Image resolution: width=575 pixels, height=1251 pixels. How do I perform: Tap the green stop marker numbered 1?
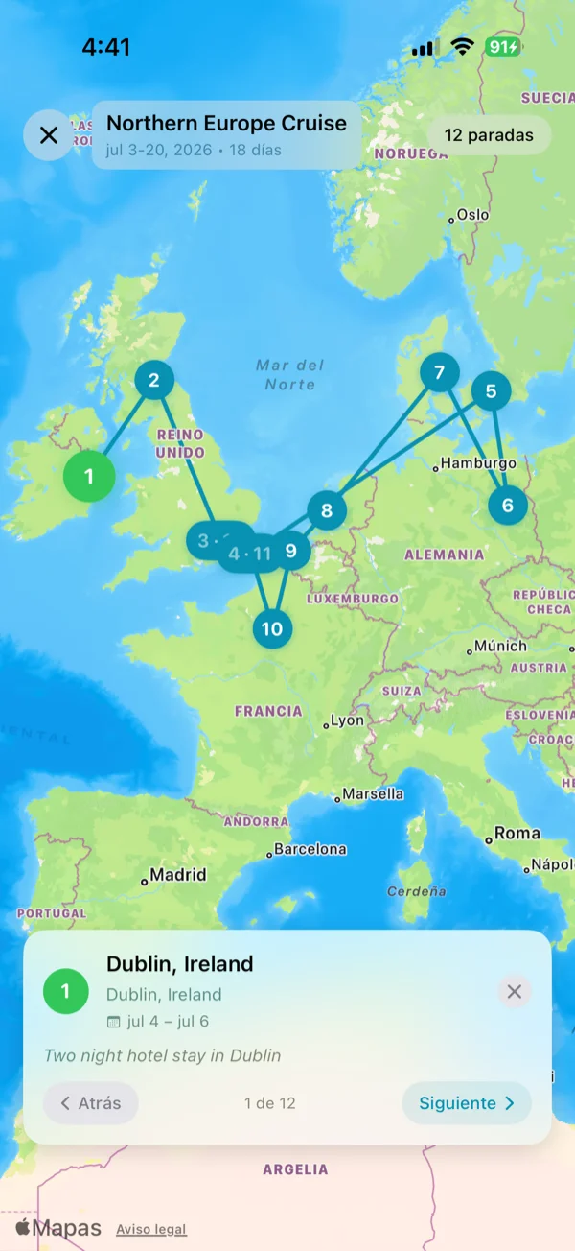point(89,476)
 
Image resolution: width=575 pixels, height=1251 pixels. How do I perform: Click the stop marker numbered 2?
point(153,380)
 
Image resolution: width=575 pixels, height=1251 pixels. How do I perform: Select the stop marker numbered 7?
point(439,372)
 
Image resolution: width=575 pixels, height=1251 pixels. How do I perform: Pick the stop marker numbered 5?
point(491,390)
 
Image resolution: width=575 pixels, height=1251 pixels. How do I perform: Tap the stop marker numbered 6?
point(507,505)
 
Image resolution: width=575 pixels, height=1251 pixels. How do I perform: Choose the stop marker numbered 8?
point(327,510)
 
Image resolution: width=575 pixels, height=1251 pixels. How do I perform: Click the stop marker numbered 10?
point(272,628)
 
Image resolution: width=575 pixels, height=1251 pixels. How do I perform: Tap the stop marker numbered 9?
point(291,551)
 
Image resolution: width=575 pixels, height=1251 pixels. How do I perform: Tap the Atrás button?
point(91,1103)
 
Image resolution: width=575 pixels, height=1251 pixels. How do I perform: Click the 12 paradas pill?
point(489,135)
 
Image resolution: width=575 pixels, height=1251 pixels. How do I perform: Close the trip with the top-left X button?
point(48,135)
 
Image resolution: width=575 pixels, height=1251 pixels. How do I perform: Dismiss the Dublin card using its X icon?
point(515,991)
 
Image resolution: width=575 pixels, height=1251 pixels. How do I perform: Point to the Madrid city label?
point(176,875)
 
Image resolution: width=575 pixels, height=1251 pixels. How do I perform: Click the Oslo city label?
point(471,215)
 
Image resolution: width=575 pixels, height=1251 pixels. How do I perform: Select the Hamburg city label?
point(477,463)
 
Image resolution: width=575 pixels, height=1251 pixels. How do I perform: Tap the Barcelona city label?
point(309,849)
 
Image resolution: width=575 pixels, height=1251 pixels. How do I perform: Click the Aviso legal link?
point(151,1229)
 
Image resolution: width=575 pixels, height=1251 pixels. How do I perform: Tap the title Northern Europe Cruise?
point(226,124)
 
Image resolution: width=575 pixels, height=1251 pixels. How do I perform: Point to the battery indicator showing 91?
point(502,47)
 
